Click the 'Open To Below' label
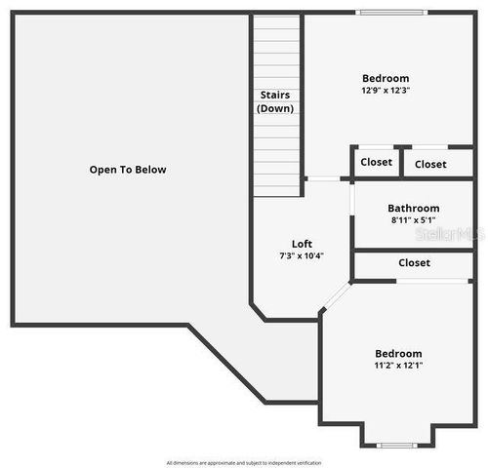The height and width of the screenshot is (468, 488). click(x=128, y=170)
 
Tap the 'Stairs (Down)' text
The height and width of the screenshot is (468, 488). click(x=275, y=101)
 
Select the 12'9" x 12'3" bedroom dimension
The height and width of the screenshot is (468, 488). click(x=386, y=91)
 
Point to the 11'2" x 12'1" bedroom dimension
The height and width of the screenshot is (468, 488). click(x=398, y=366)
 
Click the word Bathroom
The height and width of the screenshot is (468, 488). click(x=413, y=208)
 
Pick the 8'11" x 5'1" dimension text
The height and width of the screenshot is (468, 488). click(x=413, y=220)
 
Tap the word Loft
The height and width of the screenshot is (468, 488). click(x=302, y=244)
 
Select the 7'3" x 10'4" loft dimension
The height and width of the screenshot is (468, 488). click(x=302, y=256)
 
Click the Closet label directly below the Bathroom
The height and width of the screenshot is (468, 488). click(x=414, y=263)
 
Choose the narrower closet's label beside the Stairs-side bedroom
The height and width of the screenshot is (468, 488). click(x=376, y=163)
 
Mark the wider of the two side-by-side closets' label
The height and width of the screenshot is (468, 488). click(x=430, y=164)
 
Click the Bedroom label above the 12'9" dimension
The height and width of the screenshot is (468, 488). click(x=386, y=78)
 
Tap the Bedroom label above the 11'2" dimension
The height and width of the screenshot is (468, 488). click(x=398, y=353)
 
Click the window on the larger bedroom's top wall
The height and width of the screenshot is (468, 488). click(x=390, y=13)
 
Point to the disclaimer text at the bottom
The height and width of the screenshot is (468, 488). click(x=243, y=462)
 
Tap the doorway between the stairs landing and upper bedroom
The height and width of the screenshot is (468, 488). click(x=324, y=178)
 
